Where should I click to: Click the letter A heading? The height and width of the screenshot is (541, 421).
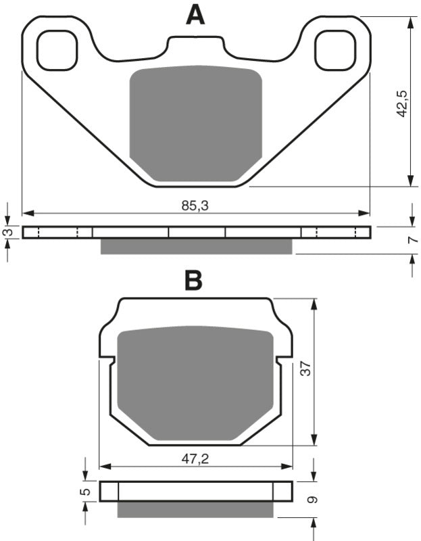pos(195,14)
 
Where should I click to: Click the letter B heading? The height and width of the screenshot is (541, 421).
pos(193,281)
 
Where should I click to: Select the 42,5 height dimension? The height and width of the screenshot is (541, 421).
pos(402,102)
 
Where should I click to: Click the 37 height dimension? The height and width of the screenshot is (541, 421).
pos(305,369)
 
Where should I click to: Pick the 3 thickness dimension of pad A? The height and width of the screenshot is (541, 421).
pos(7,233)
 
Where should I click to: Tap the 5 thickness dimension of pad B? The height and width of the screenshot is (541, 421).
pos(84,492)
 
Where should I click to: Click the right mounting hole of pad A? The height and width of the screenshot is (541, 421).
pos(335,51)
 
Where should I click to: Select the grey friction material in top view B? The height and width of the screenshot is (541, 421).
pos(195,382)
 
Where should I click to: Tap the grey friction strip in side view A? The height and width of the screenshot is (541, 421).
pos(196,246)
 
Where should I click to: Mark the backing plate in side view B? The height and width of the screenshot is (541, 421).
pos(196,492)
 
